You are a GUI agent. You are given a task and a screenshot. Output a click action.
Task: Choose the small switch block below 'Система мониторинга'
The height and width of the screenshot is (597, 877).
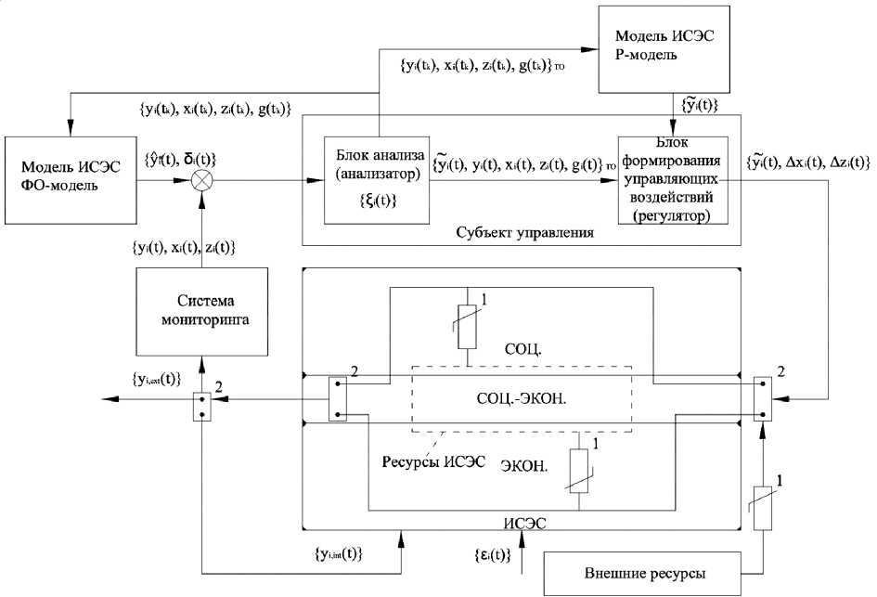[x=200, y=406]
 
